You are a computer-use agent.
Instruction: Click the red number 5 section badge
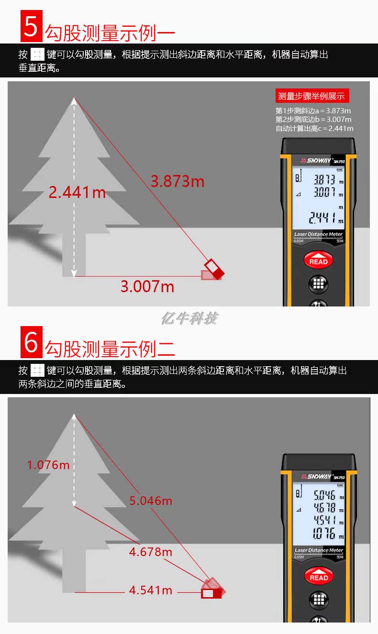point(32,26)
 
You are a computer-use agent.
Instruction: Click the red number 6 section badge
point(32,342)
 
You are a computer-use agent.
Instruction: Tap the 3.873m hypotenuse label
point(177,181)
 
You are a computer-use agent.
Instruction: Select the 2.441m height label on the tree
point(77,192)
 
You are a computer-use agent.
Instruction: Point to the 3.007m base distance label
point(147,286)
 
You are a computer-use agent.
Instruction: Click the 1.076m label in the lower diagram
point(48,465)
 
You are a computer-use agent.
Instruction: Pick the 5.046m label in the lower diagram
point(151,501)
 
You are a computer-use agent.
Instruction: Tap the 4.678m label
point(151,552)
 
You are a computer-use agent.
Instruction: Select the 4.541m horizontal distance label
point(151,590)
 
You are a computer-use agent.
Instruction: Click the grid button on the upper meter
point(318,284)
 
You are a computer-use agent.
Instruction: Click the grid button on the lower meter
point(319,599)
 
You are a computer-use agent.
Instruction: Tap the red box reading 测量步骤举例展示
point(312,96)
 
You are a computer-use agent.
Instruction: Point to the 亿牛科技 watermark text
point(189,318)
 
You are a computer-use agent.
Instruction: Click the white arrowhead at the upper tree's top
point(74,101)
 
